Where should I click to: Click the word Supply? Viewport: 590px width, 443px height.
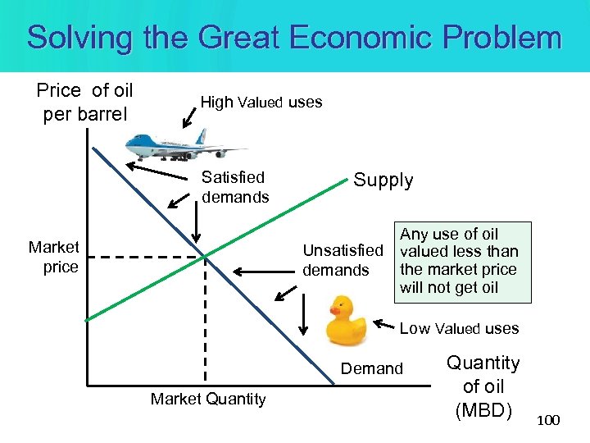[383, 180]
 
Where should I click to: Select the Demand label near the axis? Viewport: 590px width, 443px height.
[372, 368]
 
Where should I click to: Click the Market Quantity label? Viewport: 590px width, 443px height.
[208, 399]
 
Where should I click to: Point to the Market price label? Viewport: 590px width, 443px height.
[54, 257]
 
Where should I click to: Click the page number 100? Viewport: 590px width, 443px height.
[548, 421]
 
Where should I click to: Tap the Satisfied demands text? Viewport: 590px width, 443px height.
[234, 187]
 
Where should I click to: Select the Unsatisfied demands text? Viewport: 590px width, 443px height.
[343, 260]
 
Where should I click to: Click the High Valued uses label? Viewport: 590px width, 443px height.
[261, 103]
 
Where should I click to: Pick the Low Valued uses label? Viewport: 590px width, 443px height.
[459, 328]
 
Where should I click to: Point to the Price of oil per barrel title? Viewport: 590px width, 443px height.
[85, 102]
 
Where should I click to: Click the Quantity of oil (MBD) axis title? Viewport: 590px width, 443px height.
[483, 386]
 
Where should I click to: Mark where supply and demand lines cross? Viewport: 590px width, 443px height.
[204, 257]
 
